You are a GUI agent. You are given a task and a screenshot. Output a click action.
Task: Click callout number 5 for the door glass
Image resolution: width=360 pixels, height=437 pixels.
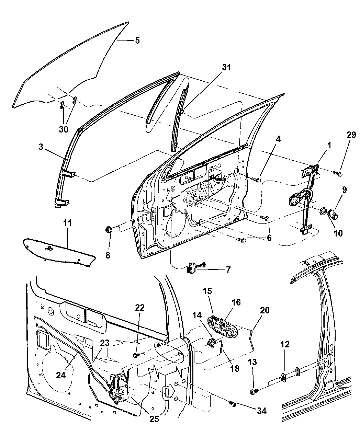(137, 41)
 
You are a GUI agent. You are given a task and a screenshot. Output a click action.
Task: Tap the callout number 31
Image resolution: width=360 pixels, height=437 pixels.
(226, 68)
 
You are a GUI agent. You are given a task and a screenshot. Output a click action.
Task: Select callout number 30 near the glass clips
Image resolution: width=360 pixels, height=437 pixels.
(64, 129)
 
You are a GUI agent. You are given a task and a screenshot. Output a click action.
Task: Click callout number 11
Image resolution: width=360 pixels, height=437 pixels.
(68, 223)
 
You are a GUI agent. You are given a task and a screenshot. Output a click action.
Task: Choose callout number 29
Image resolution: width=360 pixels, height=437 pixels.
(351, 135)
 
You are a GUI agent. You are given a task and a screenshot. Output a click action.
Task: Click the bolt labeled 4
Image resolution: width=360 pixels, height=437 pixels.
(257, 180)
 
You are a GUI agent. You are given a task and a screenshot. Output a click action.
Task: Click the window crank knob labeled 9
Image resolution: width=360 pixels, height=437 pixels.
(333, 214)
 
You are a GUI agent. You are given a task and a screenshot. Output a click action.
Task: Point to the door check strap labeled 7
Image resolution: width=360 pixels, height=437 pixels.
(192, 267)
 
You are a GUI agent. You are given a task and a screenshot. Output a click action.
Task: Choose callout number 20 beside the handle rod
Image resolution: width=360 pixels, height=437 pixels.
(265, 310)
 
